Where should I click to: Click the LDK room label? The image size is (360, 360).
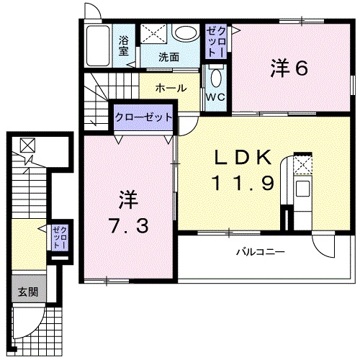pos(241,156)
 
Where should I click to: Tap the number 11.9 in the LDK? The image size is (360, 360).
pos(242,183)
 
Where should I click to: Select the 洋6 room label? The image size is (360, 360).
pos(289,68)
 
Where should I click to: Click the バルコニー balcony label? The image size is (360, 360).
pos(261,253)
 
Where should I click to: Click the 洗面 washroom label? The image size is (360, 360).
pos(169,57)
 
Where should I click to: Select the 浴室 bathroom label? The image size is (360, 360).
pos(125,45)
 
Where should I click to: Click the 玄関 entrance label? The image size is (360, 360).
pos(28,292)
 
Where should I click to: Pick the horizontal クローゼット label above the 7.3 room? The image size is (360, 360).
pos(144,117)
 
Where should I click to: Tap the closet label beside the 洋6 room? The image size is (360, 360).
pos(216,41)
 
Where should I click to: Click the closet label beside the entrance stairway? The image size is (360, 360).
pos(58,238)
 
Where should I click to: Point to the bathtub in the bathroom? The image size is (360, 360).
pos(96,48)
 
